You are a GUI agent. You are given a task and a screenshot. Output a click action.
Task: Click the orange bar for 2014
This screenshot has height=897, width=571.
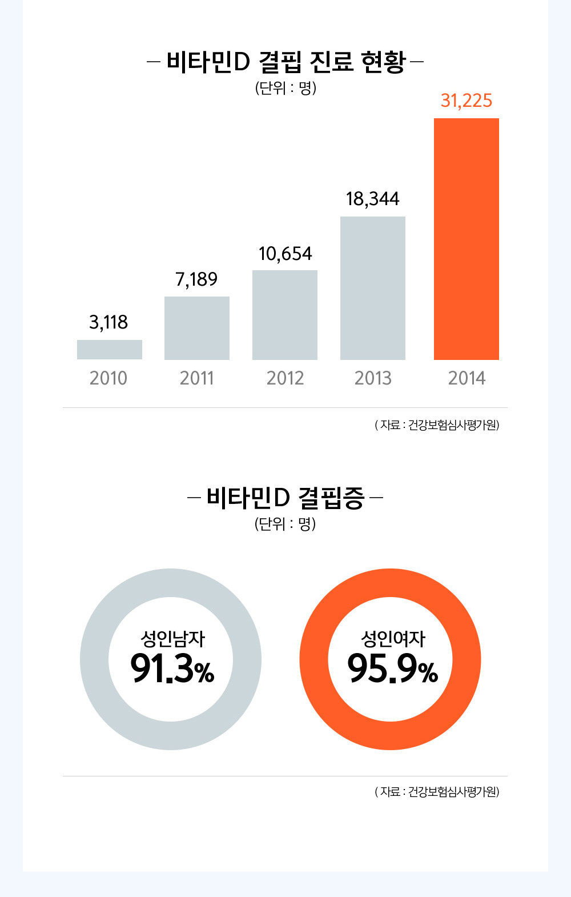point(466,239)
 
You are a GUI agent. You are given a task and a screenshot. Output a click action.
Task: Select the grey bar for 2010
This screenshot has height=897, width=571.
point(110,350)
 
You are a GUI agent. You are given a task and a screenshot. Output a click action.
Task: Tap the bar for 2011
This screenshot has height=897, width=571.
point(197,328)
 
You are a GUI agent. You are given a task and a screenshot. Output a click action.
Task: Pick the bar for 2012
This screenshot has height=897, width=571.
point(285,315)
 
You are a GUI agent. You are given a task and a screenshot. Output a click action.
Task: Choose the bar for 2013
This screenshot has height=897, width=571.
point(373,288)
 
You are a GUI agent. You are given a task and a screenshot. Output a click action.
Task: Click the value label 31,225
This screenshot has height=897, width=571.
point(466,101)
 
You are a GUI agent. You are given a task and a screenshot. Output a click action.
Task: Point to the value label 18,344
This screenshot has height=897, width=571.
point(373,199)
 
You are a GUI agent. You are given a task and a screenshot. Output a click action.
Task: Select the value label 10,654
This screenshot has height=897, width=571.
point(285,254)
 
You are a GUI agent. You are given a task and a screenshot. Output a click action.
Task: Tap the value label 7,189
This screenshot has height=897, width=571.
point(196,279)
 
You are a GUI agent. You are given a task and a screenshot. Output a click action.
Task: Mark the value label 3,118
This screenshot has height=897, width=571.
point(108,322)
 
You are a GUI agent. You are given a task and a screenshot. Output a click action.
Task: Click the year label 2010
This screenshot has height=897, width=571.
point(108,378)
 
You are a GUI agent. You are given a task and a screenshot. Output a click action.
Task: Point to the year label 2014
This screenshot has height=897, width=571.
point(467,378)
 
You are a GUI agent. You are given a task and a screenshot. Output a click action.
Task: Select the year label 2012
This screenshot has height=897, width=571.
point(285,378)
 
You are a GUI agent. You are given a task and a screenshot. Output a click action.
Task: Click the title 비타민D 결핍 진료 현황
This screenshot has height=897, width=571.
point(285,62)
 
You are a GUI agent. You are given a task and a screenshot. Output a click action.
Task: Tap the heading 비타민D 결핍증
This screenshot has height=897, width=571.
point(285,498)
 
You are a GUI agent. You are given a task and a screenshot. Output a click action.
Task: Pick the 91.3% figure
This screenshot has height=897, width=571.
point(172,668)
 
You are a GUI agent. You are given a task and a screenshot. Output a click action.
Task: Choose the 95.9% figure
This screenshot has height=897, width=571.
point(392,668)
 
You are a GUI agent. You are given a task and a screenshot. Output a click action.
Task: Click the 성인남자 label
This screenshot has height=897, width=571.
point(172,638)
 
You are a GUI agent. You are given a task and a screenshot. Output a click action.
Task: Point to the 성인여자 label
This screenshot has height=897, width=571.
point(393,638)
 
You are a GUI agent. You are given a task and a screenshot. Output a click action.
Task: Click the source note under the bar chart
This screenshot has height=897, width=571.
point(437,425)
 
